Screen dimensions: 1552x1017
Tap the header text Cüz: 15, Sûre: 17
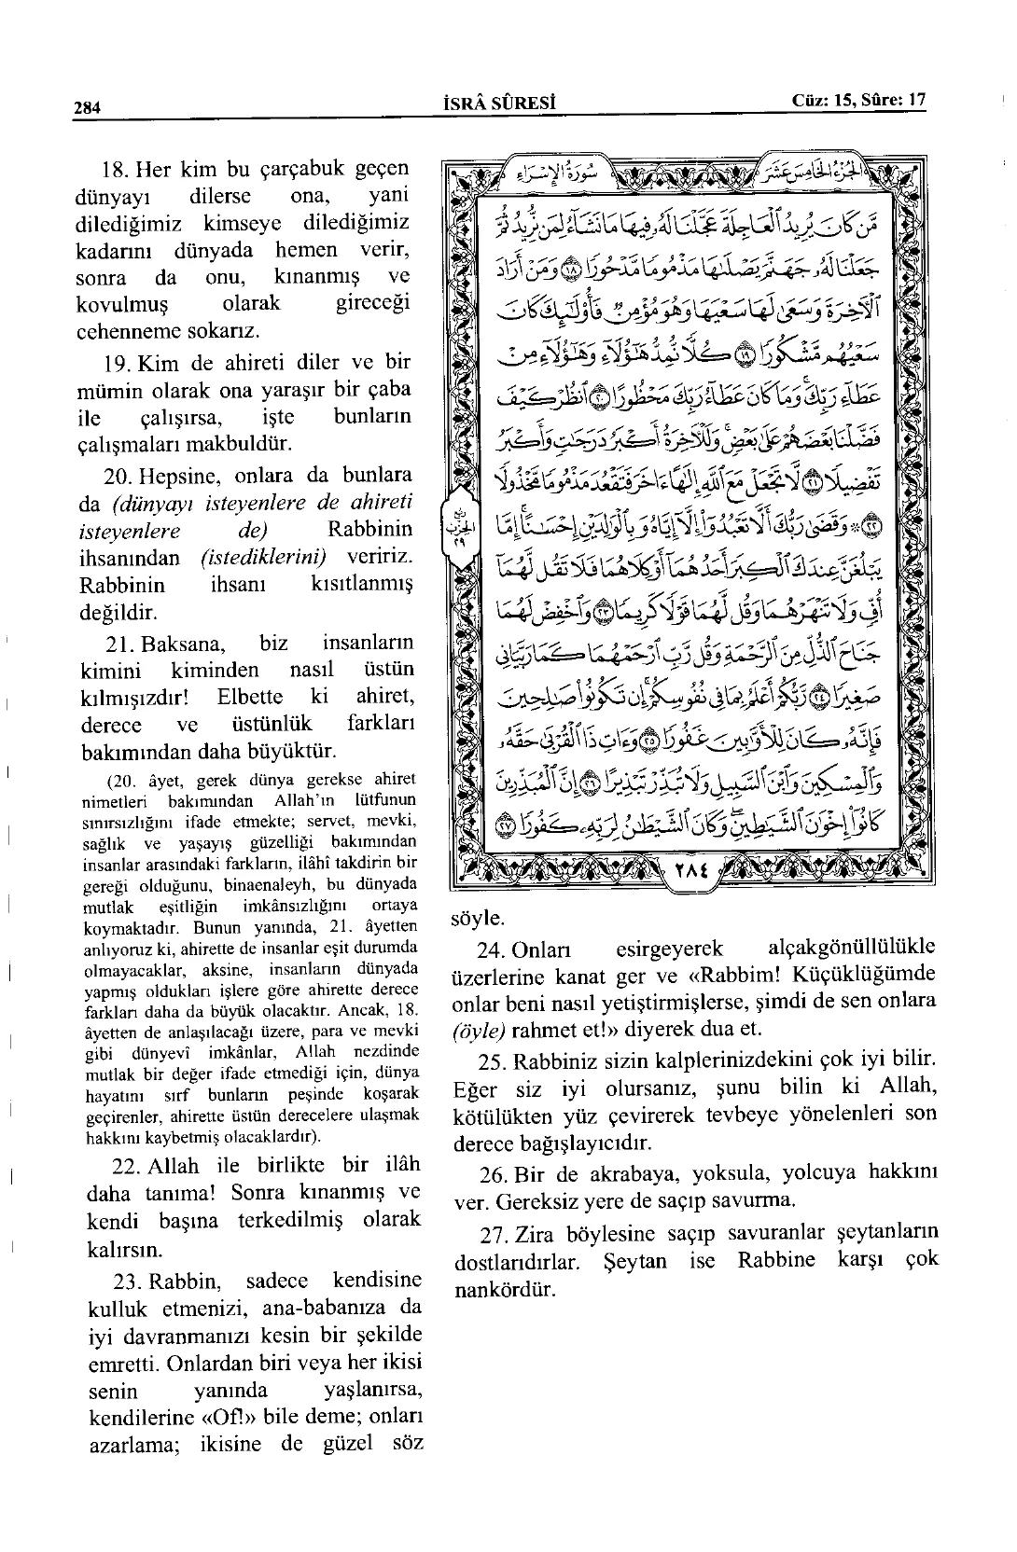click(858, 101)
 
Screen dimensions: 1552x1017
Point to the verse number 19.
click(117, 363)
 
